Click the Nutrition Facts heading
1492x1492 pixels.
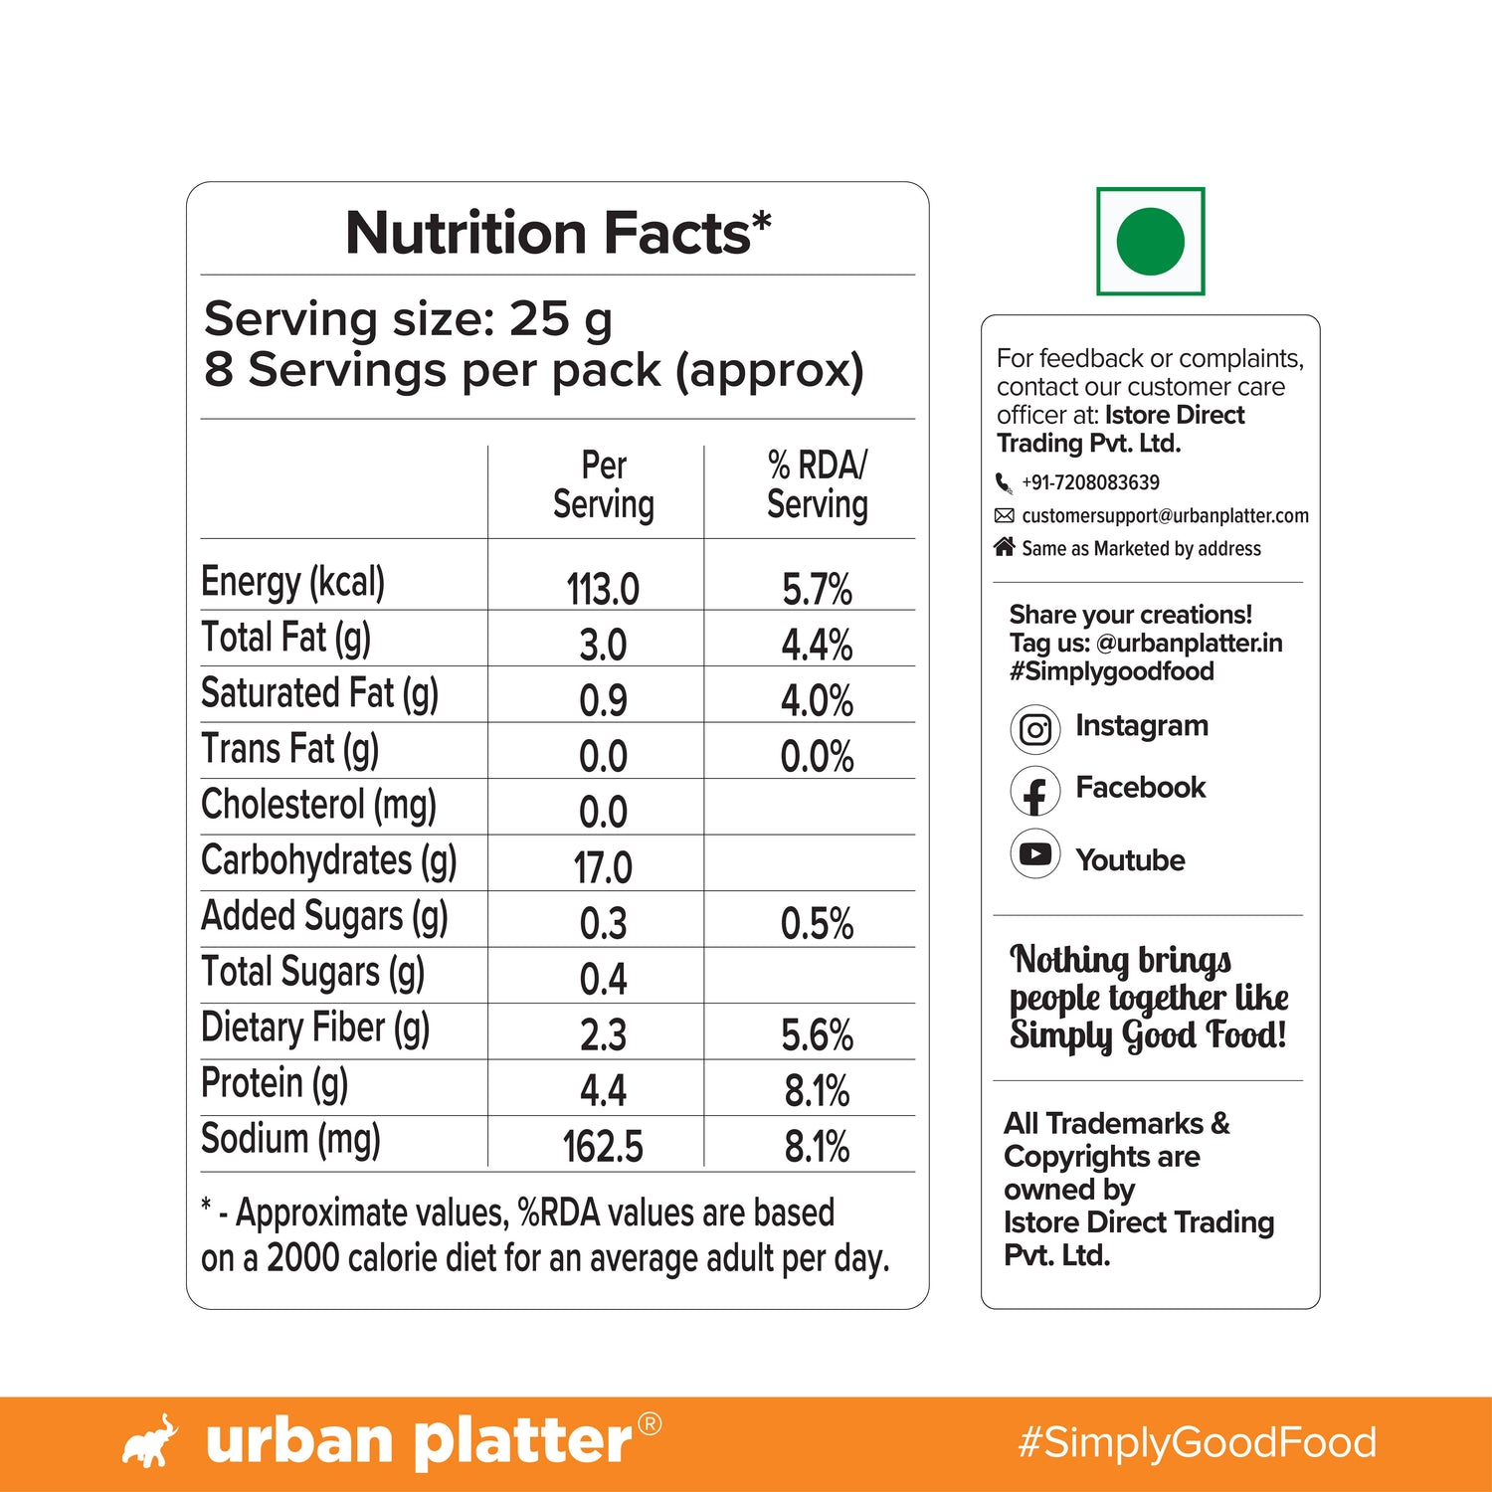(558, 233)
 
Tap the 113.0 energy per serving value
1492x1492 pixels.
(603, 589)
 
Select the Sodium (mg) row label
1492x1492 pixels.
(290, 1139)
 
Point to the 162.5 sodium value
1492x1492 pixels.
(603, 1146)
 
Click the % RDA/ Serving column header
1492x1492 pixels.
(817, 484)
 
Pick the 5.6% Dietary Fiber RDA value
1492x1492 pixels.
(817, 1034)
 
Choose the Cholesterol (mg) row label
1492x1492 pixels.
(318, 805)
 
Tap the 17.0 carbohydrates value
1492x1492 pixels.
(603, 867)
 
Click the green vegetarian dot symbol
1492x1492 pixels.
(1150, 242)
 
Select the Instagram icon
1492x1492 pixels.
(1035, 730)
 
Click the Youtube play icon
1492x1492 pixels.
(1035, 854)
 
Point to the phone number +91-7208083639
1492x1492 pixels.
(1090, 482)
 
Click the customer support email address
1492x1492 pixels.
(1165, 515)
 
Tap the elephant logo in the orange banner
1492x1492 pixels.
(150, 1442)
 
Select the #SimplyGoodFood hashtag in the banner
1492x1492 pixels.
(1197, 1442)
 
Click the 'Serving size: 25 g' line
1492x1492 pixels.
(408, 319)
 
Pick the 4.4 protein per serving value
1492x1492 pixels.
(603, 1090)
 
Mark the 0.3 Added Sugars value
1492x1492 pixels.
(603, 923)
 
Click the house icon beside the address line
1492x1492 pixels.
(1005, 547)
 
